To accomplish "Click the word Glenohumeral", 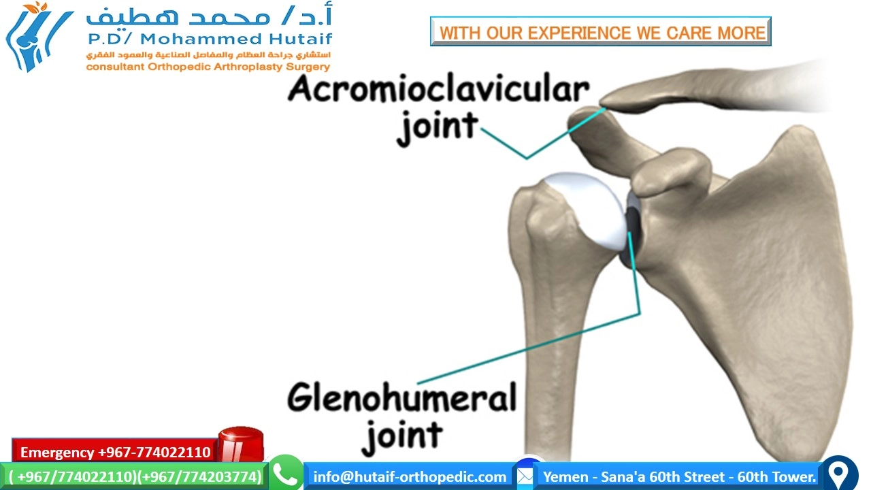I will tap(401, 398).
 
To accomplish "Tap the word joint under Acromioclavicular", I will tap(438, 128).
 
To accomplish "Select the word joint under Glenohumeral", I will tap(402, 436).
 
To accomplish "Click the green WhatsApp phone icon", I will tap(286, 474).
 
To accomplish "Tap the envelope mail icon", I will tap(525, 476).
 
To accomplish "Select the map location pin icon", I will tap(840, 474).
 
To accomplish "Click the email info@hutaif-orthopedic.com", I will tap(410, 476).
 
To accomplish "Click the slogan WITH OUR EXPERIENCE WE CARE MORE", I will tap(601, 32).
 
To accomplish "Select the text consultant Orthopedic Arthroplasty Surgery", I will tap(208, 67).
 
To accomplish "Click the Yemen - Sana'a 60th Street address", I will tap(679, 476).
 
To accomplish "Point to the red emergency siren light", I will tap(240, 444).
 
